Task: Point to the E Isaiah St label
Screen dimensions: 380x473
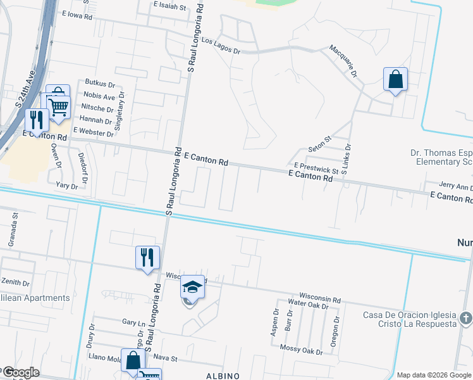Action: (x=170, y=7)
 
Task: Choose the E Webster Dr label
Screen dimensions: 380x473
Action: (x=93, y=131)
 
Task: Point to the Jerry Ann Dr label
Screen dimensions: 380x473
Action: (x=455, y=187)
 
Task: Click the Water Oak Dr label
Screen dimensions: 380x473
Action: (x=309, y=305)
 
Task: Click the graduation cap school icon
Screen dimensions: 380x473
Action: (x=193, y=288)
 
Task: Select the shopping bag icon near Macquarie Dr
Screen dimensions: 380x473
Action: (x=395, y=80)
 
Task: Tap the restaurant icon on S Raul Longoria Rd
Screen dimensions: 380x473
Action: (x=147, y=257)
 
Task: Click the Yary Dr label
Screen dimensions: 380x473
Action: (x=66, y=186)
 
